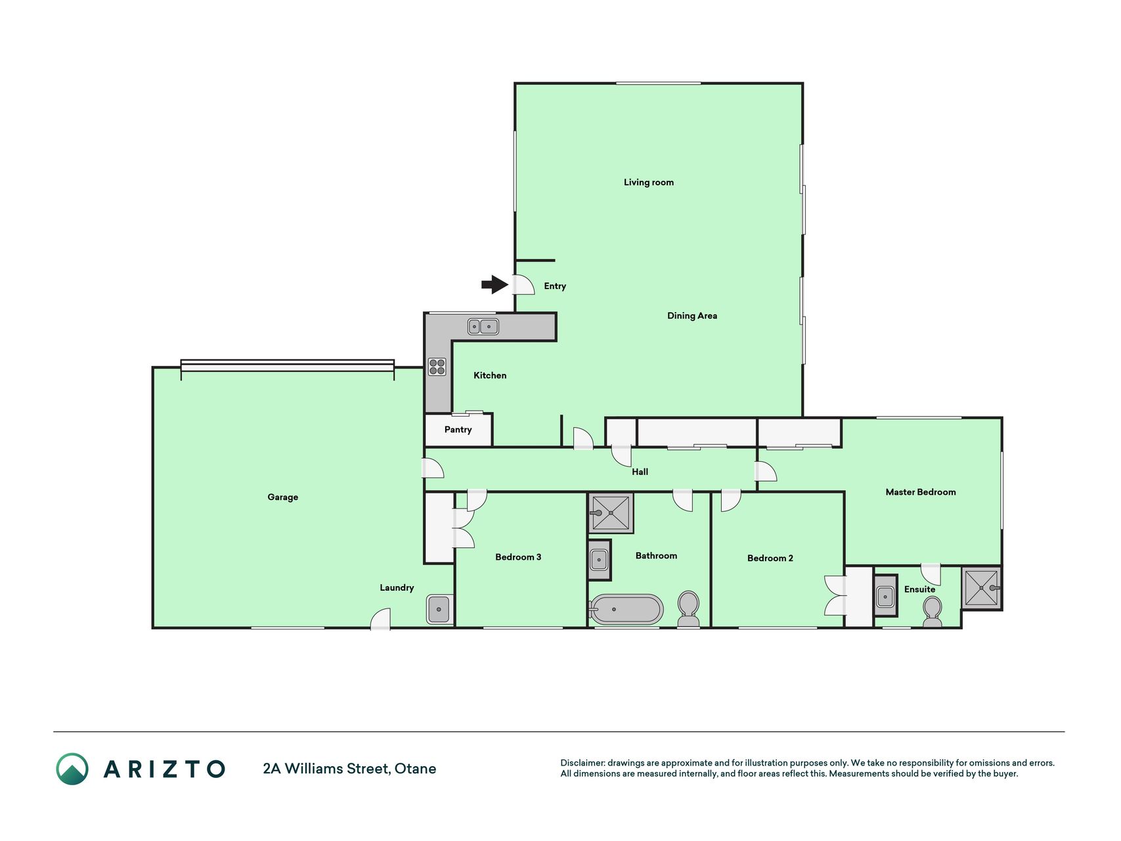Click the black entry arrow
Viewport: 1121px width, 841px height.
point(495,284)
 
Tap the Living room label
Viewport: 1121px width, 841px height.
point(648,182)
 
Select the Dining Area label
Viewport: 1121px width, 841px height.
point(692,315)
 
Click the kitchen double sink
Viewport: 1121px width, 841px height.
point(483,326)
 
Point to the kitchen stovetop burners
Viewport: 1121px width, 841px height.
point(437,367)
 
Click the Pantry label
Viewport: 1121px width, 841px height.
point(458,429)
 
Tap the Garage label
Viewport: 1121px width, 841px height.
point(282,497)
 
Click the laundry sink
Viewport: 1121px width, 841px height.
point(439,609)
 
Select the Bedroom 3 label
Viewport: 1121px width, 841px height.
point(518,557)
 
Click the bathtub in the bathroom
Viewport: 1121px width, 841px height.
point(626,609)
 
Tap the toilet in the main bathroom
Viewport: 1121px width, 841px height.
point(688,609)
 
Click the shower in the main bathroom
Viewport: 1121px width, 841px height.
point(611,512)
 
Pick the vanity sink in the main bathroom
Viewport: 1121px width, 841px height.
point(599,560)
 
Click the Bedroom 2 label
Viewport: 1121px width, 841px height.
point(770,558)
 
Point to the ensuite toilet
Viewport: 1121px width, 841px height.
point(932,612)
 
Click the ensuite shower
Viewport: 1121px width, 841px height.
point(981,587)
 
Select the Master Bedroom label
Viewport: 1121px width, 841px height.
point(920,491)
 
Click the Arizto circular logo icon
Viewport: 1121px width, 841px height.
point(72,769)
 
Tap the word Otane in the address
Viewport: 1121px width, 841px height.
point(415,768)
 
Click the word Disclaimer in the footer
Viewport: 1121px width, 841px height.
point(582,763)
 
